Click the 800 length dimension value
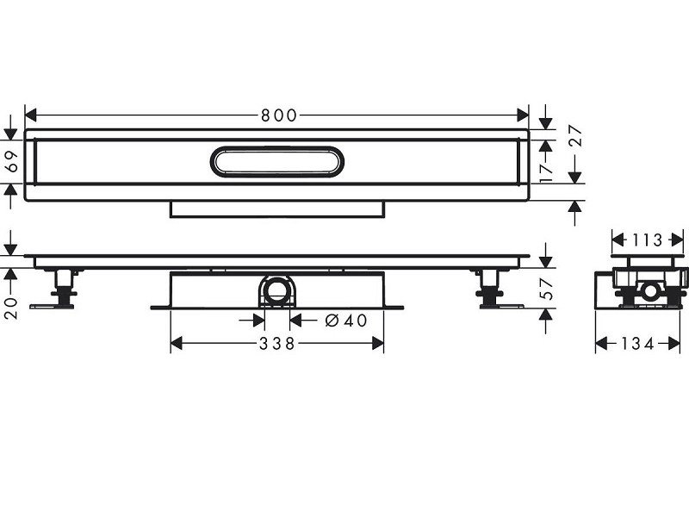click(x=276, y=115)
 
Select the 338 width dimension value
click(x=277, y=344)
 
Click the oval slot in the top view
click(x=276, y=163)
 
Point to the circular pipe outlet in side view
click(x=277, y=291)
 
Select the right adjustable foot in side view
click(x=490, y=290)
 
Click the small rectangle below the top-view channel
click(x=276, y=210)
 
